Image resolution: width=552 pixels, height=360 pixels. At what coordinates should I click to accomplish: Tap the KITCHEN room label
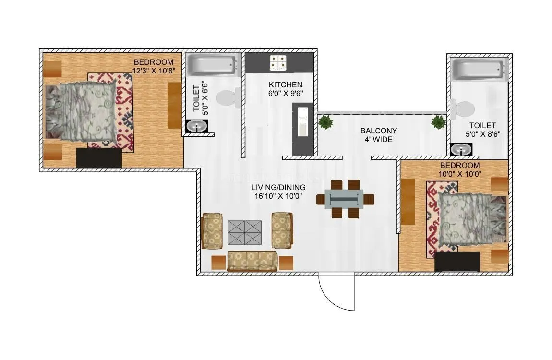(286, 85)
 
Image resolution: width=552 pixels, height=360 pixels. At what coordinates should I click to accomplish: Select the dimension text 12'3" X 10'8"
(153, 70)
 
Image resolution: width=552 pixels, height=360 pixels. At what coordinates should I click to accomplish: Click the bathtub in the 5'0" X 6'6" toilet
(212, 65)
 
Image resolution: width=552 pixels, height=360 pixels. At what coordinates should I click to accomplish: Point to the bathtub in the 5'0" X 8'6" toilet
(480, 70)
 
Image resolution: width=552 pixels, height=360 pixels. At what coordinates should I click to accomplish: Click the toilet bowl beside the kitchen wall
(227, 98)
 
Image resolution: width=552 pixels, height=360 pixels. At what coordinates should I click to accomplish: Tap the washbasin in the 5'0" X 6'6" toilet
(197, 126)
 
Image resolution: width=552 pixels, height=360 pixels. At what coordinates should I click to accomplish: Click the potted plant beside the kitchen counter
(326, 122)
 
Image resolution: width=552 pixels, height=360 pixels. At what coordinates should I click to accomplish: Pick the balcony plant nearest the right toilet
(438, 122)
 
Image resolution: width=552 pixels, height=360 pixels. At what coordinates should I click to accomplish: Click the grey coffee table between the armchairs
(245, 232)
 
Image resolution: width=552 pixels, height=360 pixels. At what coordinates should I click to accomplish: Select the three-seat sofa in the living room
(252, 261)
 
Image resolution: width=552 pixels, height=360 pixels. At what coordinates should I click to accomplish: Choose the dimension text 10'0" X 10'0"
(459, 174)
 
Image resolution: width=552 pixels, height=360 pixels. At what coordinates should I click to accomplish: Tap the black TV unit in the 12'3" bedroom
(99, 158)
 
